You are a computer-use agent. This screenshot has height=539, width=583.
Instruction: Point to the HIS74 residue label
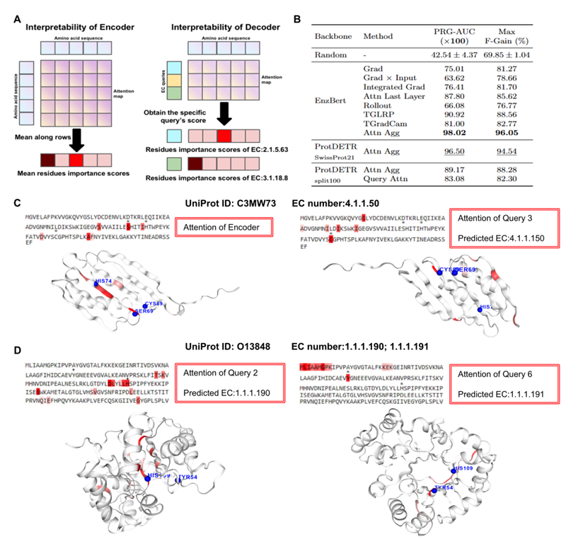point(103,281)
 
